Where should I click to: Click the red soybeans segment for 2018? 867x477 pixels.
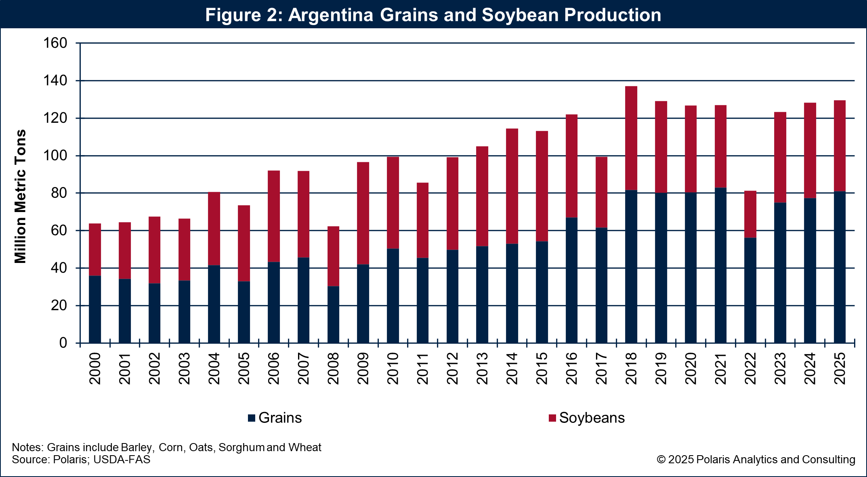[631, 138]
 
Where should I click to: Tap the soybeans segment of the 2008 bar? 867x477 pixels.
[333, 256]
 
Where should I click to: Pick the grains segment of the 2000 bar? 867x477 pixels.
[95, 309]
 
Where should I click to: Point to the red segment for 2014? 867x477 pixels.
[512, 186]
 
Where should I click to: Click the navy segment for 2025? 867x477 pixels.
[840, 267]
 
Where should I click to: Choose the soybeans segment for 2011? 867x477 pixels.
[422, 220]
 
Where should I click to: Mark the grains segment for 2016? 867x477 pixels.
[571, 280]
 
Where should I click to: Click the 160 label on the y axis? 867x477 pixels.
[55, 43]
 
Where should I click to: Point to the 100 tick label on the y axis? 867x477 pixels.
[55, 155]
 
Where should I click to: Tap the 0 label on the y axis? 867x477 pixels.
[63, 343]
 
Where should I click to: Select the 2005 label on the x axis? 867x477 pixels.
[244, 368]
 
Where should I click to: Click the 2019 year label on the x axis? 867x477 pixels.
[661, 368]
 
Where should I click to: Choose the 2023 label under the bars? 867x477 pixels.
[780, 368]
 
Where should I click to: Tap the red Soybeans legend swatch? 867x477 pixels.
[552, 418]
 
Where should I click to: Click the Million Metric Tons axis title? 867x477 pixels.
[20, 196]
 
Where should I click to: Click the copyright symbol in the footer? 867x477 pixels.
[661, 460]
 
